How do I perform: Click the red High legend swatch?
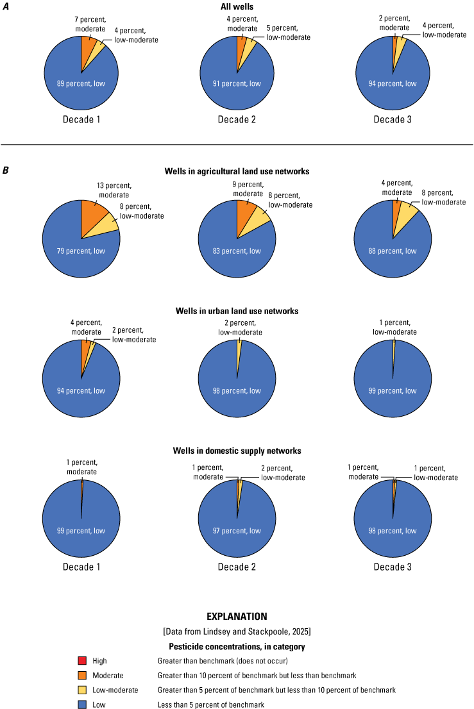81,660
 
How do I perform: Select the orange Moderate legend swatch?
81,675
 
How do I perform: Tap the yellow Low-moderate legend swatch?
81,690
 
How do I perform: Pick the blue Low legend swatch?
81,705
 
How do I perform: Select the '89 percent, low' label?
81,83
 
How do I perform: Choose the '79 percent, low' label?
81,251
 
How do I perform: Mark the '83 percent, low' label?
237,251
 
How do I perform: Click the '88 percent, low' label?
393,251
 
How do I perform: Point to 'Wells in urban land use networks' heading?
237,311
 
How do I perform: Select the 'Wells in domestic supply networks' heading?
237,451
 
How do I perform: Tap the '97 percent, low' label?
237,531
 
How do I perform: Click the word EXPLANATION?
237,617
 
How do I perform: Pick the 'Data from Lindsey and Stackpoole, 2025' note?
237,631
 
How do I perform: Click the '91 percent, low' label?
237,83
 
